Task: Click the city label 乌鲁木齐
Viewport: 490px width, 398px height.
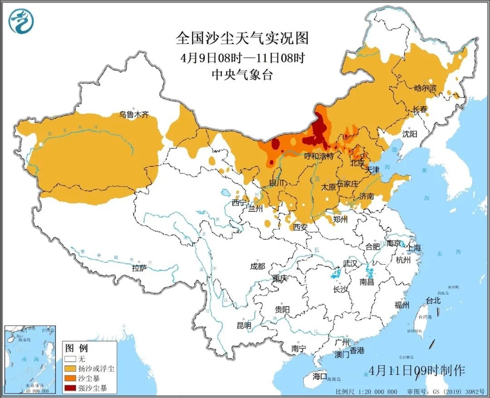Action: (134, 115)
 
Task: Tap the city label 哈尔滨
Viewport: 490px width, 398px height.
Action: (425, 88)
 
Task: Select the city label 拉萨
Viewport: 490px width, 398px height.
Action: (140, 268)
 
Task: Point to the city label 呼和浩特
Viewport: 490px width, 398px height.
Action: (318, 156)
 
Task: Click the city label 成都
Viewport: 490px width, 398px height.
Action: (257, 266)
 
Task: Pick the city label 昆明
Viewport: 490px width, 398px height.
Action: (244, 325)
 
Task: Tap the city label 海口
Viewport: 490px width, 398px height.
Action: (319, 376)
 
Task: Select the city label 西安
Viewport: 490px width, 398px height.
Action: (300, 226)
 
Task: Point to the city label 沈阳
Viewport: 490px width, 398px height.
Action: (409, 133)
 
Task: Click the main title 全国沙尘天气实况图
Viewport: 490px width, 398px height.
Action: (242, 39)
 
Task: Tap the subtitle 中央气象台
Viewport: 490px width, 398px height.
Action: (242, 75)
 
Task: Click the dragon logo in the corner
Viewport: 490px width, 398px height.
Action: (21, 21)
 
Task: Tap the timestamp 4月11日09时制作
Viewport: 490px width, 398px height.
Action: (417, 370)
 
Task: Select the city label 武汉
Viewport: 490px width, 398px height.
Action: (350, 264)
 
